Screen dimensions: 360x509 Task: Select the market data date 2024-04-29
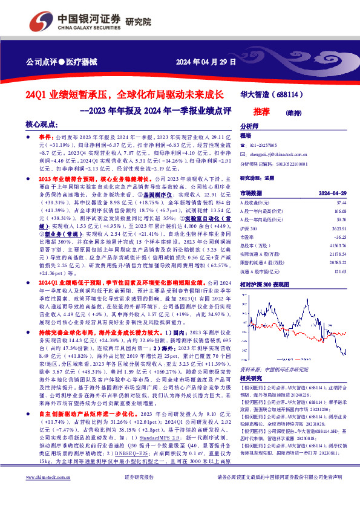[x=332, y=193]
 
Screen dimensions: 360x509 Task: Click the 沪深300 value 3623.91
[x=338, y=230]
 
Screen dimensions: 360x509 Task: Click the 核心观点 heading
[x=42, y=123]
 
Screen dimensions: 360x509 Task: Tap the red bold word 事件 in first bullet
[x=45, y=138]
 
